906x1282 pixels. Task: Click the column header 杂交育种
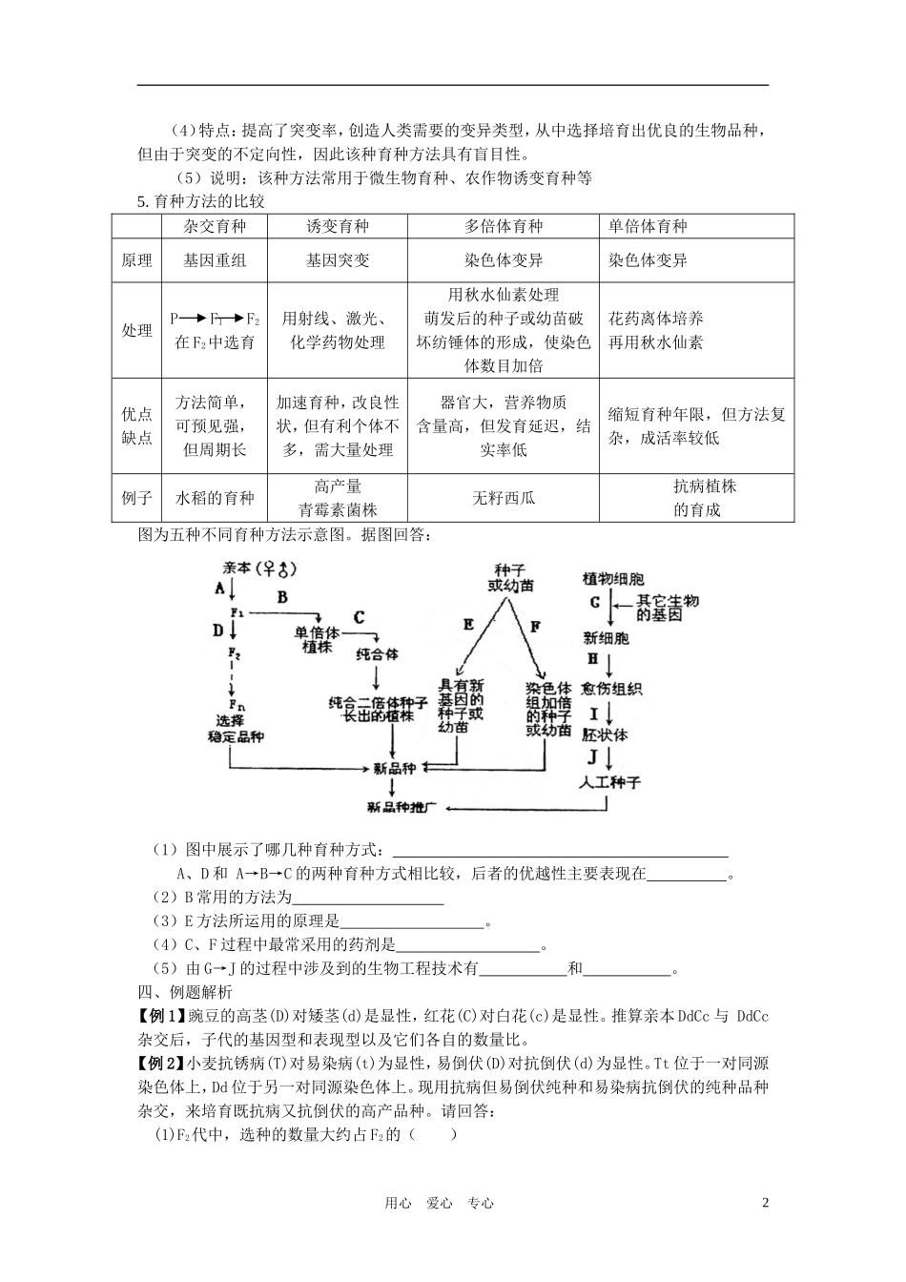pyautogui.click(x=215, y=226)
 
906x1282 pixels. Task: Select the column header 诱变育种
pyautogui.click(x=338, y=226)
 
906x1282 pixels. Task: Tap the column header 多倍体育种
pyautogui.click(x=504, y=226)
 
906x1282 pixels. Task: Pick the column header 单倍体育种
pyautogui.click(x=648, y=226)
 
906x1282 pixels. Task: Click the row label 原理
pyautogui.click(x=136, y=260)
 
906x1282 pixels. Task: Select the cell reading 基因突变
pyautogui.click(x=338, y=260)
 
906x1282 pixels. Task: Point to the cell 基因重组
pyautogui.click(x=215, y=260)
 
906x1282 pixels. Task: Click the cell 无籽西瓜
pyautogui.click(x=504, y=498)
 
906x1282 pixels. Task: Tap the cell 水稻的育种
pyautogui.click(x=215, y=498)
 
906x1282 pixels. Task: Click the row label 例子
pyautogui.click(x=136, y=498)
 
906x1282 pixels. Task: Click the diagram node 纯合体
pyautogui.click(x=377, y=655)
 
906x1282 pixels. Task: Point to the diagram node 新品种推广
pyautogui.click(x=401, y=807)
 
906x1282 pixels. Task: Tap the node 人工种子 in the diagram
pyautogui.click(x=610, y=782)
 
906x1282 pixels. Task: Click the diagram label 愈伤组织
pyautogui.click(x=611, y=690)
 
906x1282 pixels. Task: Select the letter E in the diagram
pyautogui.click(x=468, y=625)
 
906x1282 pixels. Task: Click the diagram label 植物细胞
pyautogui.click(x=613, y=579)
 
